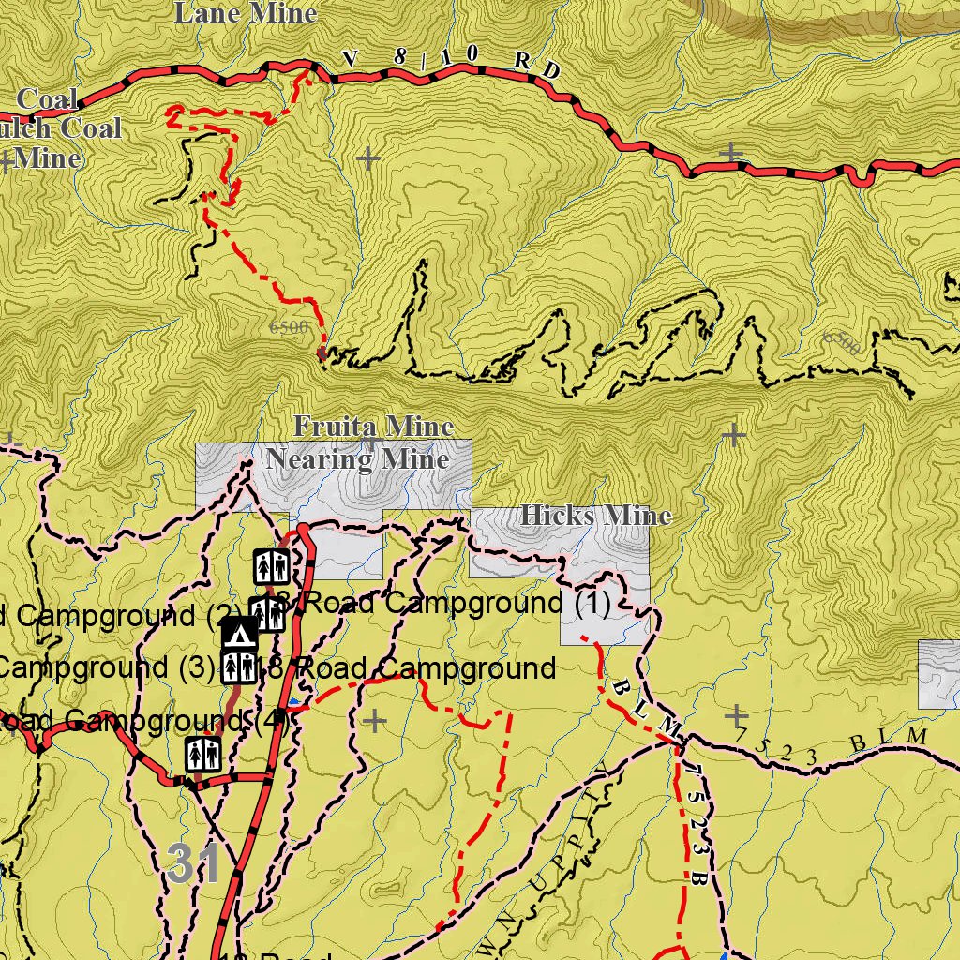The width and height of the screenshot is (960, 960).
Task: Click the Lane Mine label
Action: tap(246, 13)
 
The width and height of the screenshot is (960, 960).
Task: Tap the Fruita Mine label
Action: tap(373, 427)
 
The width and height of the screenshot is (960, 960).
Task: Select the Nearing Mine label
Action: tap(357, 459)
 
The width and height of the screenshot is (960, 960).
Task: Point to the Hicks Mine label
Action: tap(596, 516)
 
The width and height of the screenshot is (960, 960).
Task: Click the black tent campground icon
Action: tap(240, 636)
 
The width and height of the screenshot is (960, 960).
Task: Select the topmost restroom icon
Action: tap(270, 566)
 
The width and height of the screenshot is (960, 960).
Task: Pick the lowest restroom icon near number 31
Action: tap(202, 754)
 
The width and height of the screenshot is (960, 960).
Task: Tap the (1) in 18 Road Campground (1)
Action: tap(592, 604)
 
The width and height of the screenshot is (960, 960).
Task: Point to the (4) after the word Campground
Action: tap(271, 722)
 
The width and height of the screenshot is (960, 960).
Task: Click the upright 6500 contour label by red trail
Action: tap(288, 327)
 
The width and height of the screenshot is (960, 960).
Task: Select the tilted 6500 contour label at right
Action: tap(841, 343)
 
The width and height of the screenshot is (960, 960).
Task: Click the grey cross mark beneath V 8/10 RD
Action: tap(367, 157)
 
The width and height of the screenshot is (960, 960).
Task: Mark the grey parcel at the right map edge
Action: tap(938, 675)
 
